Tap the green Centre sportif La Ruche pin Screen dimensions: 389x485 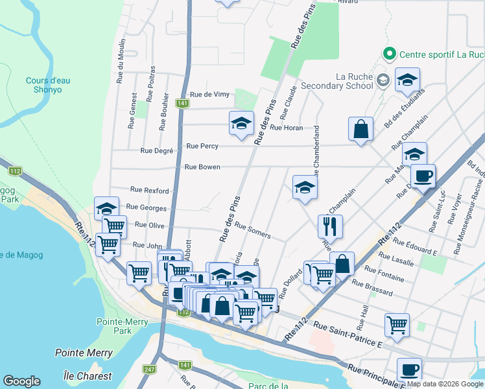(390, 54)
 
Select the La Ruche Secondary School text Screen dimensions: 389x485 (355, 81)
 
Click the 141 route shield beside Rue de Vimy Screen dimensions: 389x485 (182, 103)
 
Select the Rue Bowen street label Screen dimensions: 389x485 (202, 167)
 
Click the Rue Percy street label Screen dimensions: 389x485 (202, 147)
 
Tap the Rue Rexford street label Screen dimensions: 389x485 (149, 191)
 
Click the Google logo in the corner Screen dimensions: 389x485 (21, 381)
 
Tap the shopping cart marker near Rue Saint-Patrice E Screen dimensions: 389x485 (396, 324)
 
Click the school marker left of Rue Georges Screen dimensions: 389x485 (106, 208)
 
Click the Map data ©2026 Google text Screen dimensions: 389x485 (444, 384)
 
